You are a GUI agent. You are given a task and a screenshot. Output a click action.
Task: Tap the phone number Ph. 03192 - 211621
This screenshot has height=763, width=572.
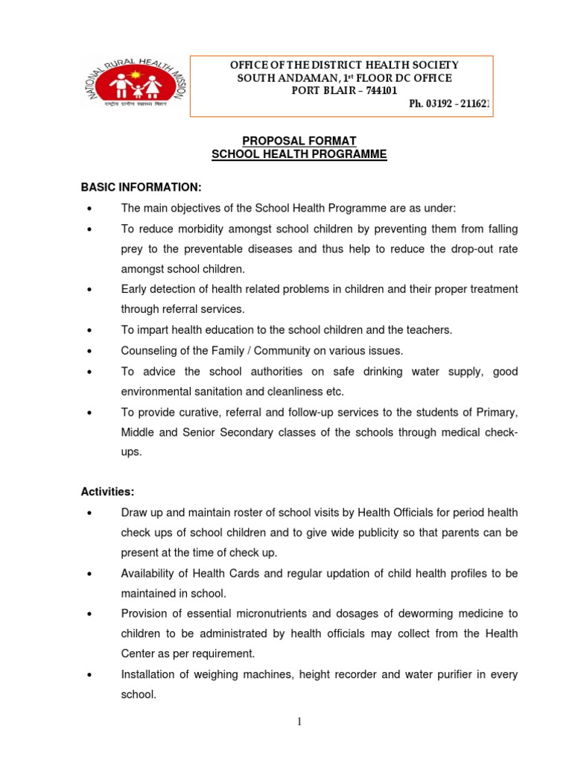449,104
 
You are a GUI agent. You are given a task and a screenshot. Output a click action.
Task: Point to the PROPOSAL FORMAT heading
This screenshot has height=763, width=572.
299,141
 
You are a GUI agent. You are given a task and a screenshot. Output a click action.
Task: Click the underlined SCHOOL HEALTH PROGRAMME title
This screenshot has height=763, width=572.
299,154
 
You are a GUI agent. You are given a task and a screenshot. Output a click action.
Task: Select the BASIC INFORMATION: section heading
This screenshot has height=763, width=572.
141,186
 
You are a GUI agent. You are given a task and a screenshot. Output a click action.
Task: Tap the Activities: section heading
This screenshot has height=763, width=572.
107,492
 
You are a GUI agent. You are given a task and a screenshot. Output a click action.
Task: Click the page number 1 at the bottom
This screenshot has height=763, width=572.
299,721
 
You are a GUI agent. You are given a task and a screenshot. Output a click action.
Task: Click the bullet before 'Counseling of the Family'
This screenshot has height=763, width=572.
89,351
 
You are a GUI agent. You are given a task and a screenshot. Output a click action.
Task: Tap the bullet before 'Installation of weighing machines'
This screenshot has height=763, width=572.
89,675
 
